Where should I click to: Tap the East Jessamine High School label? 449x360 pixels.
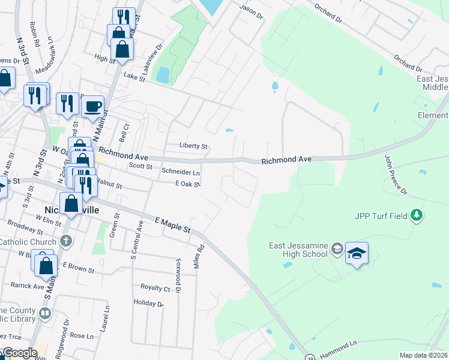click(298, 249)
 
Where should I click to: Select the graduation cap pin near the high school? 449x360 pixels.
click(357, 254)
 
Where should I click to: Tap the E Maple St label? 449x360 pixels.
click(172, 225)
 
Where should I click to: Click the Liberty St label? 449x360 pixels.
click(193, 146)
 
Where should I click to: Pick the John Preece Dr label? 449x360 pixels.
click(395, 175)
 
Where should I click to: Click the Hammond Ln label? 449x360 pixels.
click(339, 346)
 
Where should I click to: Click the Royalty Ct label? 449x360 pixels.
click(155, 287)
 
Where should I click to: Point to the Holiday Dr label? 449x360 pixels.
click(148, 302)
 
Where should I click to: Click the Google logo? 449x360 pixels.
click(20, 353)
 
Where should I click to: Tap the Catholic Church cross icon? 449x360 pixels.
click(66, 242)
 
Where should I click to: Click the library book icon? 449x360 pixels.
click(45, 313)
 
